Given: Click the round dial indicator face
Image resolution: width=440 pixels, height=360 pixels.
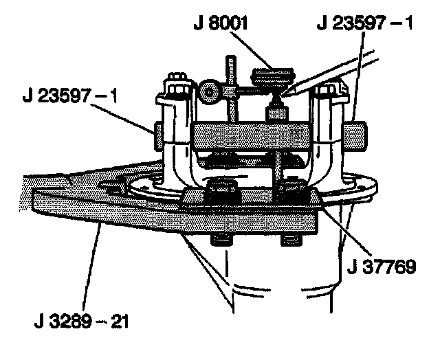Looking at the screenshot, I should pos(210,90).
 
